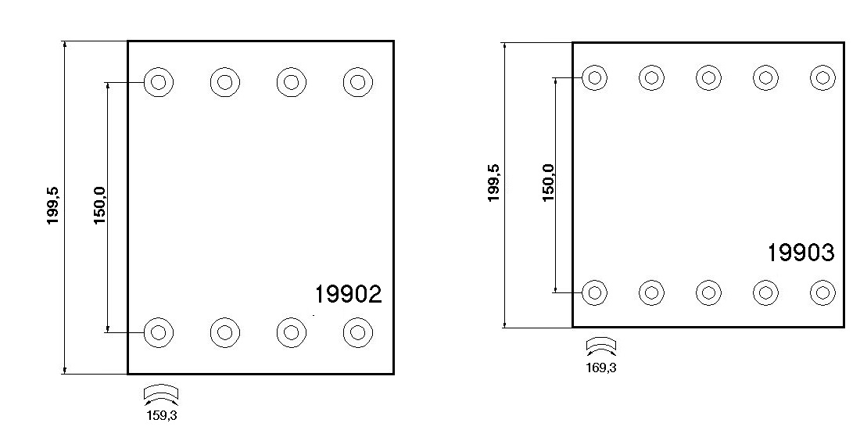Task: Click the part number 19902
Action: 348,294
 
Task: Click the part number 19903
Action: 800,253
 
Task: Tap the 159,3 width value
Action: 162,416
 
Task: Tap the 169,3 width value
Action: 600,367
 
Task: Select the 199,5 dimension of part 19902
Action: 53,206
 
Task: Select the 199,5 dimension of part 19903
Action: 494,184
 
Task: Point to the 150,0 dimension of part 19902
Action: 99,206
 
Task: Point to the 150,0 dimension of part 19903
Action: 548,184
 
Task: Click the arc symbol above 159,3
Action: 161,393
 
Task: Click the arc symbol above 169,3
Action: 600,346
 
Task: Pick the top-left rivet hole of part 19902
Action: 159,82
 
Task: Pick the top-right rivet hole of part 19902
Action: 357,82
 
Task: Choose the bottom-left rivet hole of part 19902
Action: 159,332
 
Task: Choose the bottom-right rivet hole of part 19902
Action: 357,332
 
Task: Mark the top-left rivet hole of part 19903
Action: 595,77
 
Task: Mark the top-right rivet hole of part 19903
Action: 822,77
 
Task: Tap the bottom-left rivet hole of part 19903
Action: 595,292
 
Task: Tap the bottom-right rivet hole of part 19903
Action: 822,292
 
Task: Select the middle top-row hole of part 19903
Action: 708,77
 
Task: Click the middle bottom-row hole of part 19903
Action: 708,292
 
